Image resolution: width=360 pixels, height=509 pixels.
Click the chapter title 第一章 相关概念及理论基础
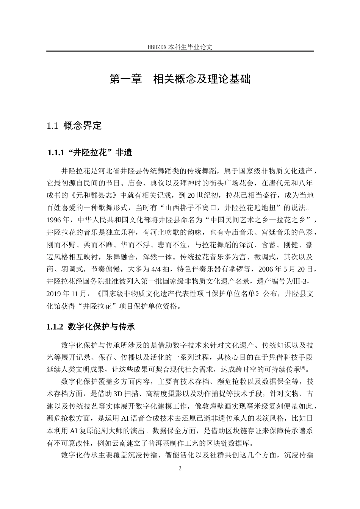pyautogui.click(x=180, y=80)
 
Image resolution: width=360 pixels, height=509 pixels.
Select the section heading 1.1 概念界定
pyautogui.click(x=74, y=126)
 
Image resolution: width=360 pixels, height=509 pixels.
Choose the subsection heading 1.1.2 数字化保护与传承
pyautogui.click(x=91, y=326)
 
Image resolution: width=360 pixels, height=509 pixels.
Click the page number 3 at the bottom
pyautogui.click(x=180, y=468)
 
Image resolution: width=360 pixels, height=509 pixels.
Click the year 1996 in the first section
pyautogui.click(x=56, y=220)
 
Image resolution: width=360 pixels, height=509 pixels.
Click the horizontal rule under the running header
pyautogui.click(x=180, y=51)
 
